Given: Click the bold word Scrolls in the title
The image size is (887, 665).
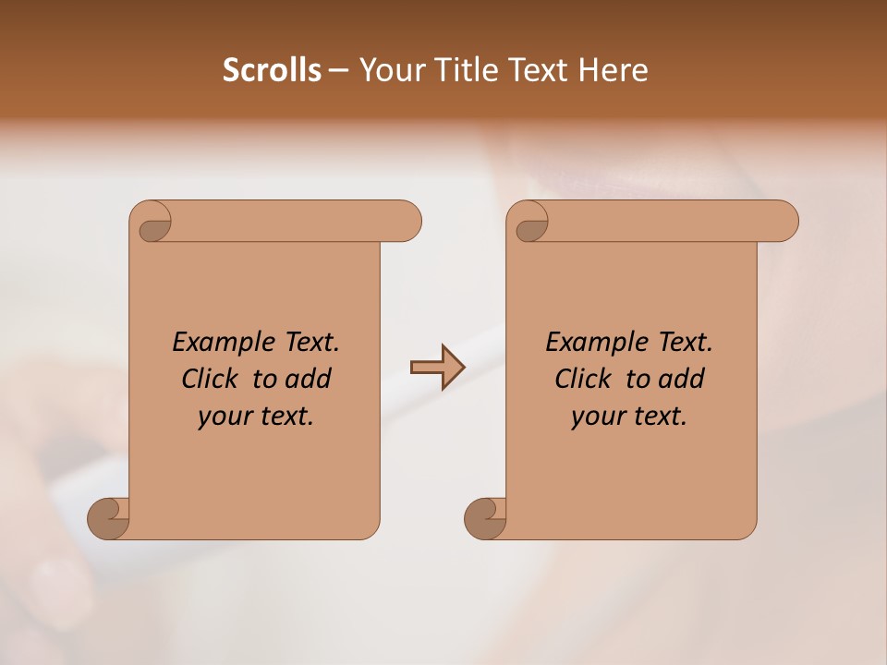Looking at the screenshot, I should tap(272, 70).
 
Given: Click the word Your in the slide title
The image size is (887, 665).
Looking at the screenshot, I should tap(389, 70).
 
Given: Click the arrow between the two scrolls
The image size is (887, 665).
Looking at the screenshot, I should tap(437, 368).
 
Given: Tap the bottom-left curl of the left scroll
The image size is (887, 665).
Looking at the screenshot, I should tap(108, 517).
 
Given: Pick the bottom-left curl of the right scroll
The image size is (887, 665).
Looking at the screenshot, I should tap(485, 517).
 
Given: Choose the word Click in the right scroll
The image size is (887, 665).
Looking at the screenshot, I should tap(583, 379).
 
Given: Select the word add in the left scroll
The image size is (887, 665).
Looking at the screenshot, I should tap(308, 379).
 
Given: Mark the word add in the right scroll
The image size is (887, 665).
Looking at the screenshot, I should tap(681, 379).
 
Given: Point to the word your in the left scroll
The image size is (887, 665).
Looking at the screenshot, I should tap(225, 417).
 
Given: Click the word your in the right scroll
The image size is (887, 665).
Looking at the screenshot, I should tap(599, 417).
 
